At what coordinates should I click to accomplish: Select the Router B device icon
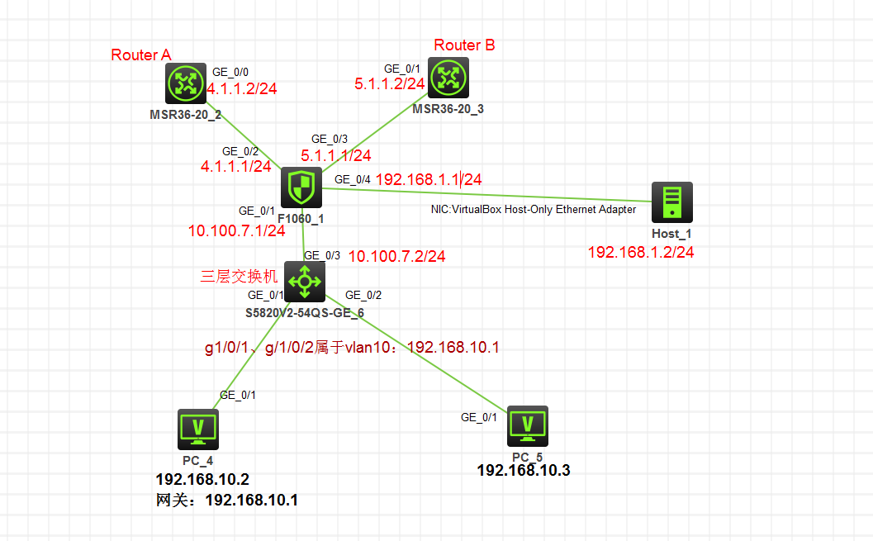click(x=447, y=79)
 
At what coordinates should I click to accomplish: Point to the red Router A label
click(x=140, y=55)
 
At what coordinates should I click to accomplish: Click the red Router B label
click(x=464, y=45)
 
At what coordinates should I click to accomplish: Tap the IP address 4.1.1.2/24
click(x=242, y=88)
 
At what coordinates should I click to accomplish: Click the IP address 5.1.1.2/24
click(x=390, y=84)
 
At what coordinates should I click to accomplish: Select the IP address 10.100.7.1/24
click(x=236, y=231)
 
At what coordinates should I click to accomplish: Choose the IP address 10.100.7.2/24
click(x=397, y=257)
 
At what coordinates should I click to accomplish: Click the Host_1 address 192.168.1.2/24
click(x=640, y=252)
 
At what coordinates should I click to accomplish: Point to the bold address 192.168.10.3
click(x=524, y=471)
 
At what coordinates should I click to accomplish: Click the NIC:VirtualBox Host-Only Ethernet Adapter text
click(x=534, y=210)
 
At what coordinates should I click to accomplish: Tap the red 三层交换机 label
click(x=239, y=277)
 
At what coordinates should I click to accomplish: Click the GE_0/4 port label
click(x=352, y=179)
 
